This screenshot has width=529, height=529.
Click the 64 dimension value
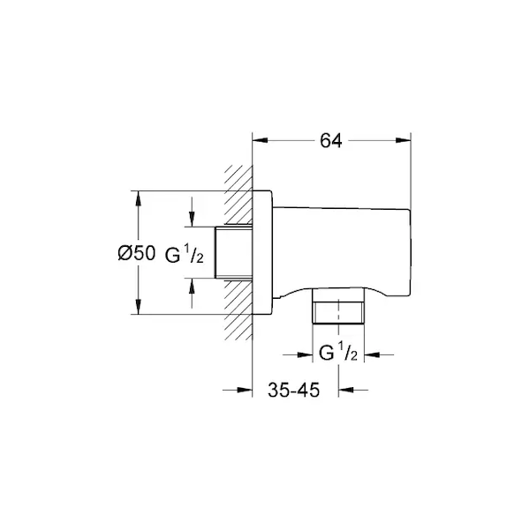[331, 141]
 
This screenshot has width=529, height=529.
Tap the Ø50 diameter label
[137, 253]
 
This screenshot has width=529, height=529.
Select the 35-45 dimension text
[293, 391]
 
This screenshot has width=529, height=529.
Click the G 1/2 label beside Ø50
[185, 256]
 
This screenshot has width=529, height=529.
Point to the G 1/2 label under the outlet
[338, 352]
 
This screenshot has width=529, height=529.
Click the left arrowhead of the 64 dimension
[261, 141]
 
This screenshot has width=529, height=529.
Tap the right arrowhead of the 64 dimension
[404, 141]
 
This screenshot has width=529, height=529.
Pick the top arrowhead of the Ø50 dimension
[138, 198]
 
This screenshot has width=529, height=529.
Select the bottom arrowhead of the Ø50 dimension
[138, 307]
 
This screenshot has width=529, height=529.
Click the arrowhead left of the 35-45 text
[245, 390]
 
